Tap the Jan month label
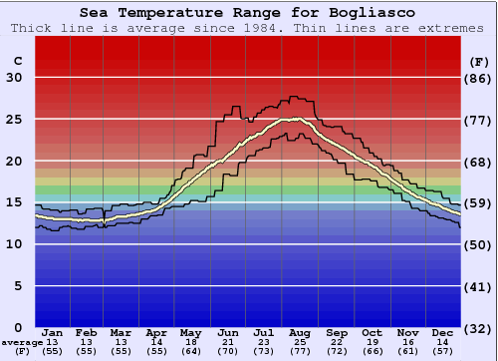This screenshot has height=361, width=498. click(x=54, y=332)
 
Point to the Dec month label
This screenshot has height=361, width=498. click(x=443, y=332)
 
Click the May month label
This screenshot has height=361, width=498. click(x=190, y=332)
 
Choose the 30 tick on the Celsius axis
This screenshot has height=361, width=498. click(x=14, y=78)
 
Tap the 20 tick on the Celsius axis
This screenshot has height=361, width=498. click(x=14, y=162)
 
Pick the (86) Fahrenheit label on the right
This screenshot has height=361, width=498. click(x=479, y=78)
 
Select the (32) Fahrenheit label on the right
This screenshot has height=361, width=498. click(x=479, y=328)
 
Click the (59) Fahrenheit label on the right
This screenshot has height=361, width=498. click(x=479, y=203)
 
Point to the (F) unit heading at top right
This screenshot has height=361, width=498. click(x=479, y=61)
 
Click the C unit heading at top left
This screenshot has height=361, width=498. click(x=17, y=61)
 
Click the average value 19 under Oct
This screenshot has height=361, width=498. click(x=372, y=342)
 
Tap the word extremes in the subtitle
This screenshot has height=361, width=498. click(x=451, y=28)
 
